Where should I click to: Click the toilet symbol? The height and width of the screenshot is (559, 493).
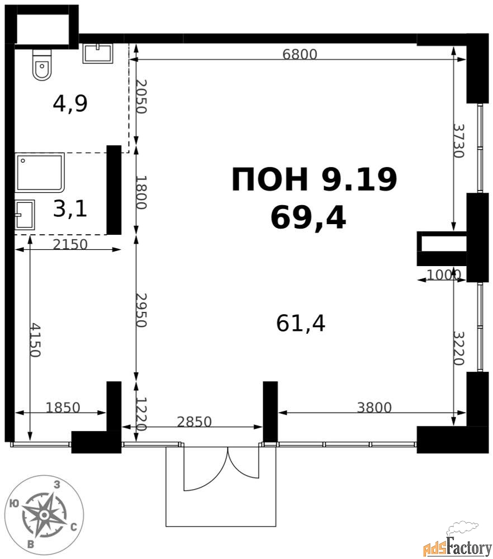[42, 64]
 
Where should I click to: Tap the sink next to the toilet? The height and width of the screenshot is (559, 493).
[98, 54]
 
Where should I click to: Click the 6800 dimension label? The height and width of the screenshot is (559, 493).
[300, 54]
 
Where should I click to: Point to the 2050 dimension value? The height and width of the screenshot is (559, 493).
[141, 96]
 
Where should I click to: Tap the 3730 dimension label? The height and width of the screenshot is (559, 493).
[459, 140]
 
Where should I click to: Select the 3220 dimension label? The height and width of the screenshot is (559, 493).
[459, 348]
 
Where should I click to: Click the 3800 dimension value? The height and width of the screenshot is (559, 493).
[375, 407]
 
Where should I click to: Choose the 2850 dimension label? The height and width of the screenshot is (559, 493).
[195, 421]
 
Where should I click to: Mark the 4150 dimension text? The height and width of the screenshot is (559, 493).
[35, 340]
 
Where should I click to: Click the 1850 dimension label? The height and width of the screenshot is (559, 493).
[63, 407]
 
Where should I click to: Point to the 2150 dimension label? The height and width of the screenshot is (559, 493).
[70, 244]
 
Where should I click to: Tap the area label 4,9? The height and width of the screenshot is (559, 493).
[70, 104]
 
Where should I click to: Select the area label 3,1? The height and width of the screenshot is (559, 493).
[70, 209]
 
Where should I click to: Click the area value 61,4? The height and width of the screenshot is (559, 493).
[301, 324]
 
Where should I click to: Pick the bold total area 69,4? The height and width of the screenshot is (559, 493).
[308, 218]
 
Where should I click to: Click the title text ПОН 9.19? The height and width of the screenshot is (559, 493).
[314, 179]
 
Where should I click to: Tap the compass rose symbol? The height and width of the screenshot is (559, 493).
[44, 515]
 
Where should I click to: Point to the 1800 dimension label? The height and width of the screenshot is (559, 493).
[141, 192]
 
